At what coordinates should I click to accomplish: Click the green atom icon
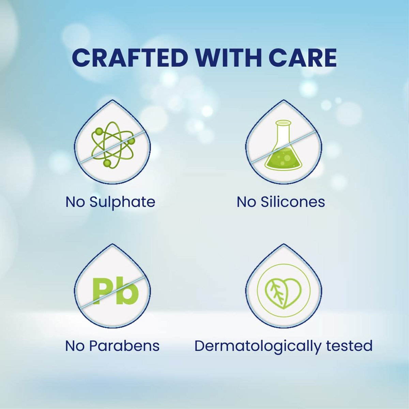pyautogui.click(x=113, y=145)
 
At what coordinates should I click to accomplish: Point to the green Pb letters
pyautogui.click(x=116, y=291)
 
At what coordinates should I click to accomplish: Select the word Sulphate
pyautogui.click(x=122, y=202)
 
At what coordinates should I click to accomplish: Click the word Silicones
pyautogui.click(x=293, y=202)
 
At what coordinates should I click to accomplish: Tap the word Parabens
pyautogui.click(x=124, y=346)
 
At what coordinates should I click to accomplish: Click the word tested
pyautogui.click(x=349, y=346)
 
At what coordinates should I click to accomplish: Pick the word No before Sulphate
pyautogui.click(x=75, y=202)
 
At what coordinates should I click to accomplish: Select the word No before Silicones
pyautogui.click(x=246, y=202)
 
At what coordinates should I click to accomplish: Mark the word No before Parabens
pyautogui.click(x=75, y=346)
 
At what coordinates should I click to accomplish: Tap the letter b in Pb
pyautogui.click(x=128, y=291)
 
